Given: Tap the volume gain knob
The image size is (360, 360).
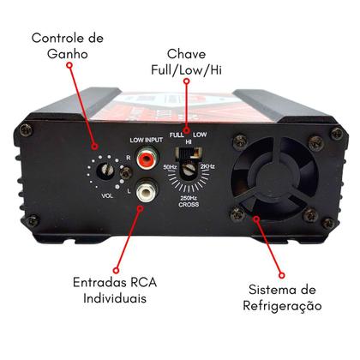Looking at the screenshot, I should (x=107, y=171).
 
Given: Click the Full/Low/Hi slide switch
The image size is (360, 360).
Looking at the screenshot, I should (x=195, y=155).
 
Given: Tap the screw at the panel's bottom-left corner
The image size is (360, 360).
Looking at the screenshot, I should (x=33, y=221).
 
